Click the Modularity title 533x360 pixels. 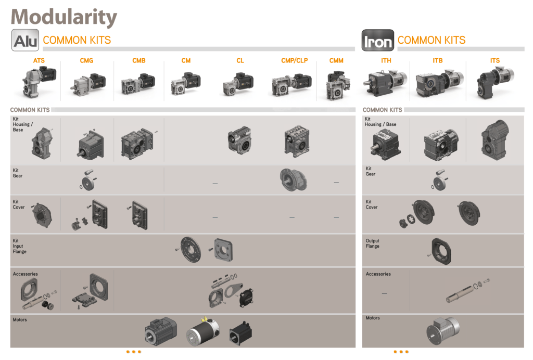64,17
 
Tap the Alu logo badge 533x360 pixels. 25,40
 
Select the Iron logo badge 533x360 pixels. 378,41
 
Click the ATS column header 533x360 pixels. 39,60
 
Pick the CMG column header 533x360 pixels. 86,60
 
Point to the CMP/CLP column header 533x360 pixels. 295,60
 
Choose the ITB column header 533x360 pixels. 437,60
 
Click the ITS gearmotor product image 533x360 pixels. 495,83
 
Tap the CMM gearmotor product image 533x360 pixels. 338,85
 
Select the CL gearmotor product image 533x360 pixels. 238,84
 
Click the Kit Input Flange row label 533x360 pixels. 19,246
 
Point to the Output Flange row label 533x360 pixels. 372,243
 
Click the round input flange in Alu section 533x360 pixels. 189,249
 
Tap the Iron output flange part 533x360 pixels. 440,251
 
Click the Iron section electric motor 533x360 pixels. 443,331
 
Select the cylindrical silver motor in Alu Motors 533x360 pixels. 203,331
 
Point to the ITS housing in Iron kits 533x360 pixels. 495,139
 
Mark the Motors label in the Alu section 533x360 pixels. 20,319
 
